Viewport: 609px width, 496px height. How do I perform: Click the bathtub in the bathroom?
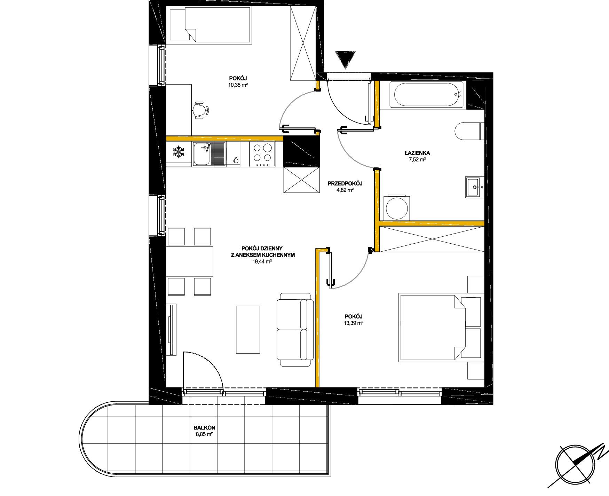tap(427, 94)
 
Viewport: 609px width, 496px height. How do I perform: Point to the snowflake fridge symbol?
tap(179, 152)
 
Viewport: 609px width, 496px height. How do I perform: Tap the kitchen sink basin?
tap(201, 153)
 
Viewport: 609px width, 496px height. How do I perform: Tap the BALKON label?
tap(205, 428)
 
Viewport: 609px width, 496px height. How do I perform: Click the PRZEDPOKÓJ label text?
tap(345, 183)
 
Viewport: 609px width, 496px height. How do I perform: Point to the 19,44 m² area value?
tap(262, 261)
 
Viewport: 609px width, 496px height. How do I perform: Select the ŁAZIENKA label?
tap(417, 153)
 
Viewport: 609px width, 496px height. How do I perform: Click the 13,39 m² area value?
tap(354, 323)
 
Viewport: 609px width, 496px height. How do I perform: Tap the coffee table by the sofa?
tap(248, 330)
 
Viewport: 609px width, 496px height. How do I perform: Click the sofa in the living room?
tap(295, 329)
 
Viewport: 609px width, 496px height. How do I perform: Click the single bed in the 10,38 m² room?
tap(210, 25)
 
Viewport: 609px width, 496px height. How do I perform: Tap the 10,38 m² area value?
tap(238, 85)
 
